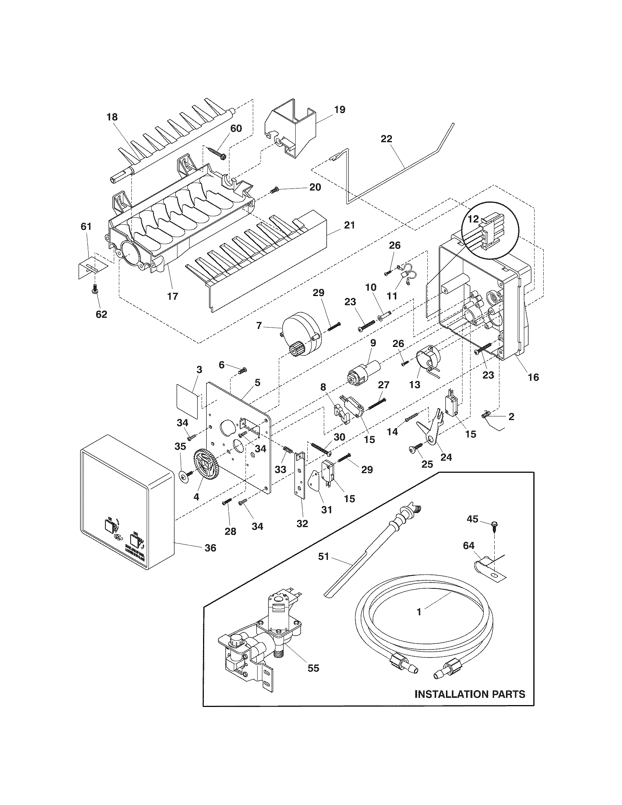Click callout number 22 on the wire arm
pyautogui.click(x=387, y=139)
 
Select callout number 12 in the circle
pyautogui.click(x=473, y=219)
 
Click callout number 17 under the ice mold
pyautogui.click(x=173, y=296)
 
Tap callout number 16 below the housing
pyautogui.click(x=533, y=377)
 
